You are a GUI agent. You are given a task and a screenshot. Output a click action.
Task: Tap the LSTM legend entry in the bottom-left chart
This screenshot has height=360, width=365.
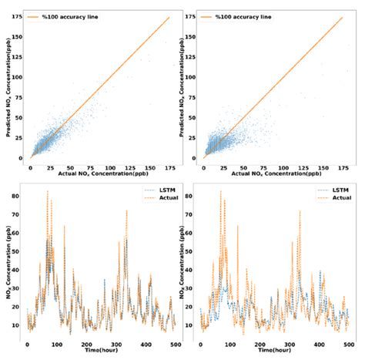coord(152,189)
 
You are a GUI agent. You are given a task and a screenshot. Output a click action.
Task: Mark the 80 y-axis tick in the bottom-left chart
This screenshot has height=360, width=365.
coord(18,195)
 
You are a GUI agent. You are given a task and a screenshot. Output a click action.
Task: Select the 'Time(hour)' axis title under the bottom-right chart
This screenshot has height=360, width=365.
coord(275,352)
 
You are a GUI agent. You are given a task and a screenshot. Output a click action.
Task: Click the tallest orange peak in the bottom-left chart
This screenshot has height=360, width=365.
coord(48,191)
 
